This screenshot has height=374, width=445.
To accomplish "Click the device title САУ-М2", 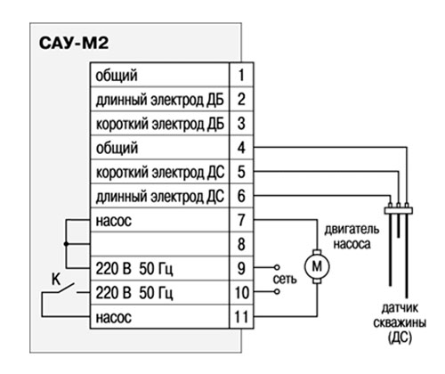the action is coord(74,43).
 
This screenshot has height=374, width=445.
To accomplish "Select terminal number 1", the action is coord(241,75).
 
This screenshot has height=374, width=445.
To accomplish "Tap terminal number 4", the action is coord(241,148).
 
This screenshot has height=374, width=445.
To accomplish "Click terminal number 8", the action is coord(241,244).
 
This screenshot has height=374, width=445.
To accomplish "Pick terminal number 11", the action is coord(241,317).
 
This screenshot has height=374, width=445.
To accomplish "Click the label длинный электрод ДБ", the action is coord(160,100).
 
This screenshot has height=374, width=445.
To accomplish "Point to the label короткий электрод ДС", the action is coord(160,172).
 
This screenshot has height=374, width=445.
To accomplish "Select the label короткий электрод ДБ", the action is coord(160,124).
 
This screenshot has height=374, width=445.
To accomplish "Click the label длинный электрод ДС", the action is coord(160,196).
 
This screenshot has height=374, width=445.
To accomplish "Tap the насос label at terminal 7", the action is coord(113,221).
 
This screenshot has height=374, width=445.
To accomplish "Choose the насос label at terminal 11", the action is coord(113,317).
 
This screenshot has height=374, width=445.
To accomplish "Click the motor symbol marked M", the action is coord(317,266).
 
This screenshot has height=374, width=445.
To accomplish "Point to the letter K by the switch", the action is coord(56,280).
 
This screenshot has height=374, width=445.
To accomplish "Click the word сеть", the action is coord(285,280).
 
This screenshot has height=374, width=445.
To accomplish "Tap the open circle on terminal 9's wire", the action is coord(277,267).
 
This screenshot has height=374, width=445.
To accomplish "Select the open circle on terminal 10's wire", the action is coord(277,292).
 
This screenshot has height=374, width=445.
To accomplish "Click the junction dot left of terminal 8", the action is coord(66,244).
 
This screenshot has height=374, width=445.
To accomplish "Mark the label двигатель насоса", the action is coord(352,237).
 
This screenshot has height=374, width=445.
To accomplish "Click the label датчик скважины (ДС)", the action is coord(400,323).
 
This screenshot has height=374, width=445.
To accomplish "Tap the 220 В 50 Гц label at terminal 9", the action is coord(134,269).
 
